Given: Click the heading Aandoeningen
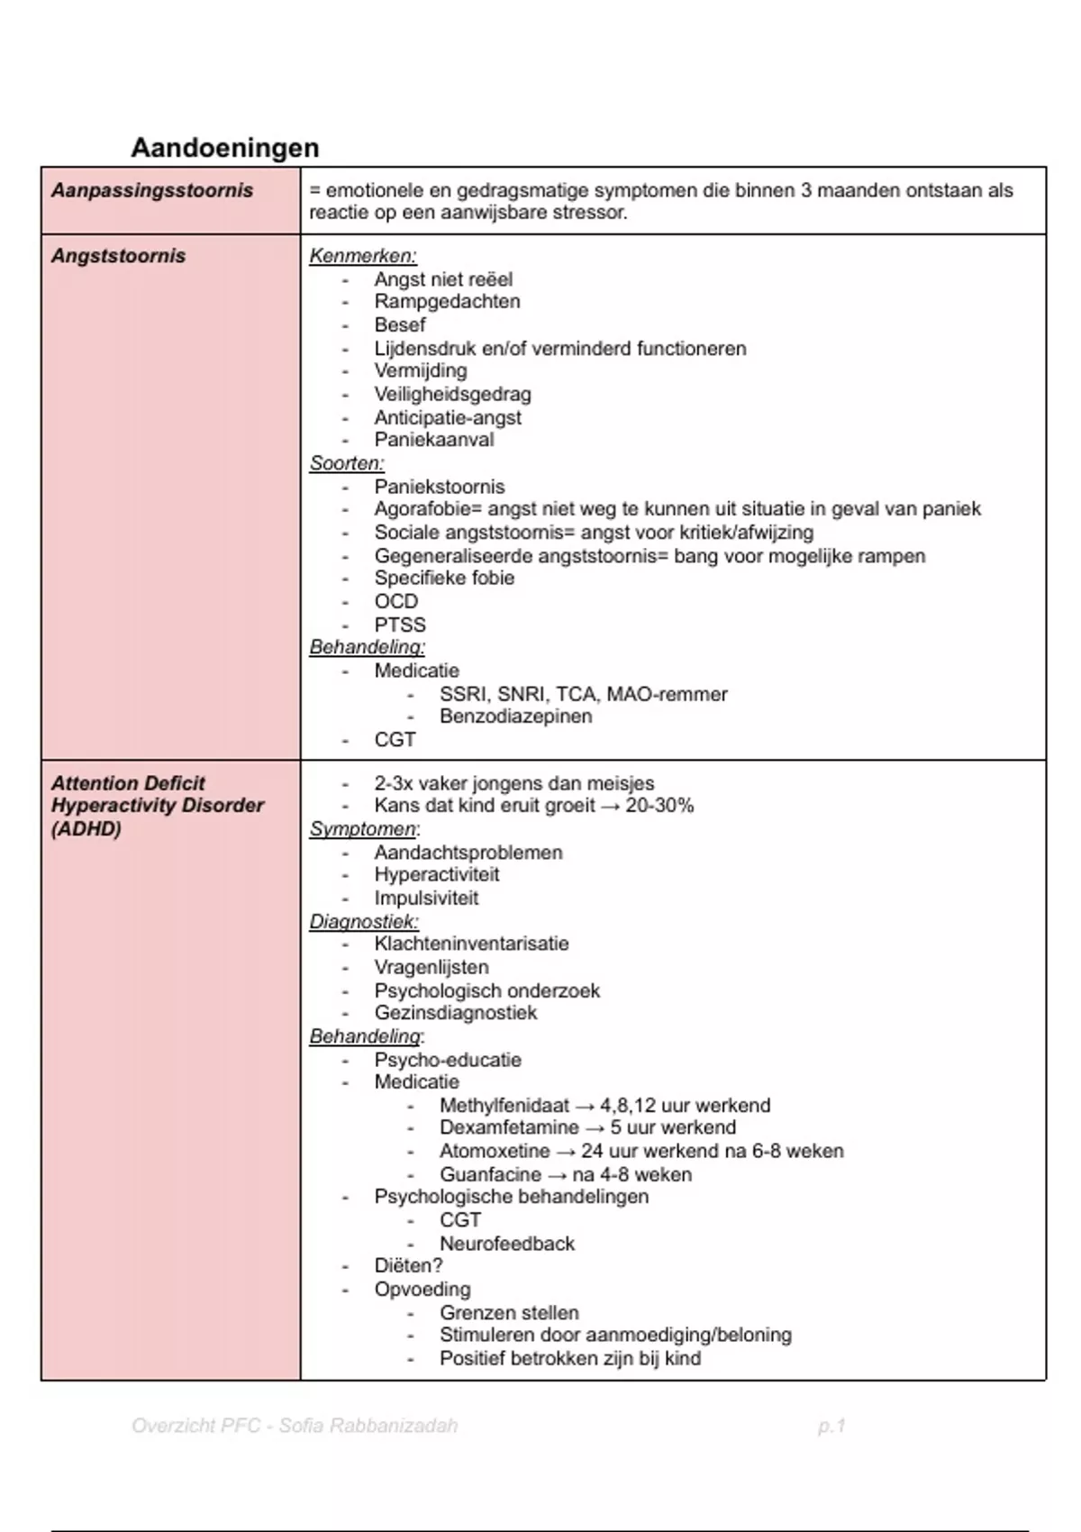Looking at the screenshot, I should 225,148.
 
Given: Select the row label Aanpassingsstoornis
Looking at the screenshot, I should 152,191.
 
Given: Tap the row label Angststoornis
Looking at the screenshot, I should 118,256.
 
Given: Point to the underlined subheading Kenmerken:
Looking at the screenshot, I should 363,256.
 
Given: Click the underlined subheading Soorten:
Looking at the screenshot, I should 347,463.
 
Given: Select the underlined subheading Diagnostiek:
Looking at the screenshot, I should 364,922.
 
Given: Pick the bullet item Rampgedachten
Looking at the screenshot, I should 447,302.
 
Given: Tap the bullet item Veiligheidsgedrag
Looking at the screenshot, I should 452,395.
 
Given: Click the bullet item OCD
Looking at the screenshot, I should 396,601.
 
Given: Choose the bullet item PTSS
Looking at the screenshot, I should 400,625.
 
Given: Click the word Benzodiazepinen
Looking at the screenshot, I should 515,716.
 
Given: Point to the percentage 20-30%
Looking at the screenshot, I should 659,806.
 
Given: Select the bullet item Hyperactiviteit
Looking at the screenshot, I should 437,875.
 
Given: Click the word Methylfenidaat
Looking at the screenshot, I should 504,1106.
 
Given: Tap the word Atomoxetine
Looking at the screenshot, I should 495,1152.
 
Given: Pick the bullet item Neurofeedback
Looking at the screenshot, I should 506,1244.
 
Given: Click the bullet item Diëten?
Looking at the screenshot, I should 408,1266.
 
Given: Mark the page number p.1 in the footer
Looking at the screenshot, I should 831,1427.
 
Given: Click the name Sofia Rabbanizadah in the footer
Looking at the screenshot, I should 368,1427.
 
